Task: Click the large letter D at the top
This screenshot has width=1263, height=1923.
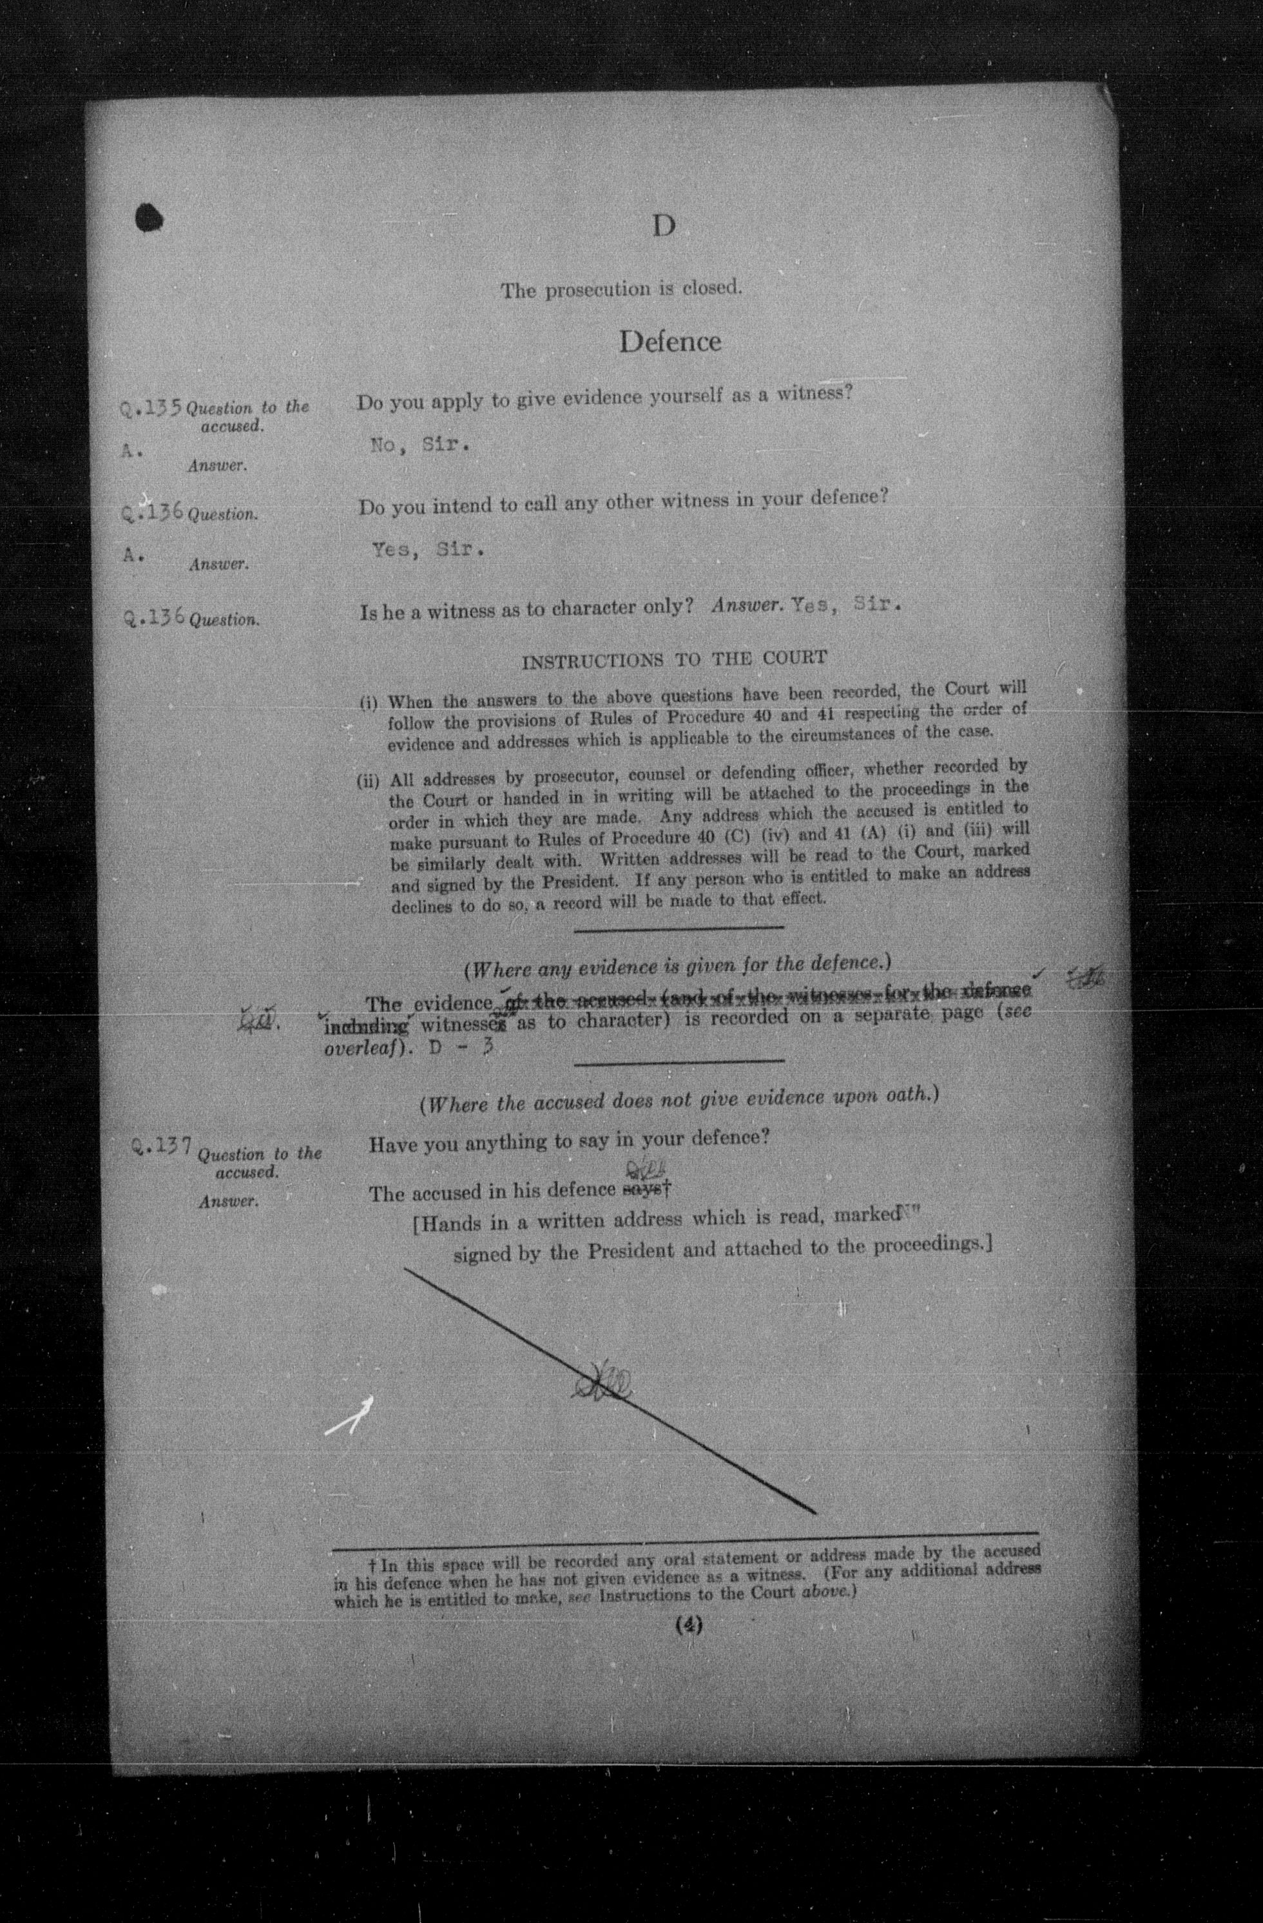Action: tap(664, 227)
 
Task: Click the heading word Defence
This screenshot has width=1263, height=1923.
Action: tap(670, 341)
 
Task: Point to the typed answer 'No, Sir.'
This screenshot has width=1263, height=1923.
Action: tap(419, 445)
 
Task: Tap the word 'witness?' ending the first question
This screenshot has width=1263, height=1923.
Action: tap(815, 394)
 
